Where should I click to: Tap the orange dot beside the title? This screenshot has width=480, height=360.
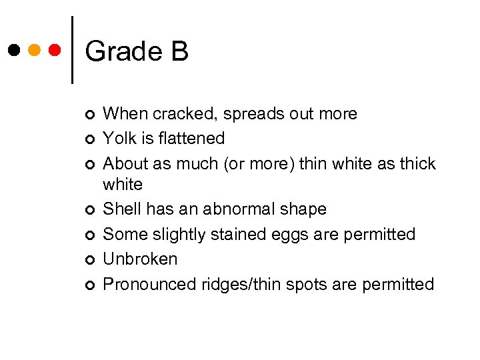(x=35, y=50)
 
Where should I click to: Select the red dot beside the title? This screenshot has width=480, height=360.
(x=55, y=50)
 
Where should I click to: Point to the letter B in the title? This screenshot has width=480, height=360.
(x=179, y=51)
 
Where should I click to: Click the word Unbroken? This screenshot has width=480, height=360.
(x=140, y=259)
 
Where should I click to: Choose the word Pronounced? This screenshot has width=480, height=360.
(x=150, y=285)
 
